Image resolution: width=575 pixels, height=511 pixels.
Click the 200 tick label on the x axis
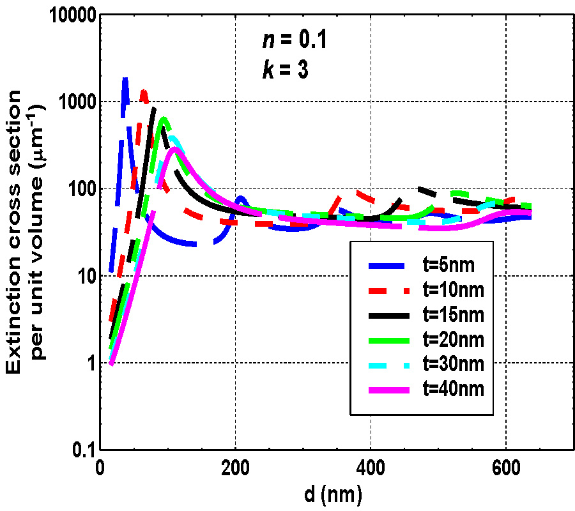(x=235, y=466)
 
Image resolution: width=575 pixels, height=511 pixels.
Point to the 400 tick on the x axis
(x=371, y=466)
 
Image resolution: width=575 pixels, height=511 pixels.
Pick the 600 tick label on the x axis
(x=505, y=466)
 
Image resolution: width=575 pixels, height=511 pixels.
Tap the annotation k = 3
(x=286, y=70)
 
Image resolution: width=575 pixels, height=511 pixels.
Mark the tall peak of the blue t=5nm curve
(x=125, y=80)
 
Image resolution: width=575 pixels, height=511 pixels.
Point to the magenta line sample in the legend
(x=387, y=388)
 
